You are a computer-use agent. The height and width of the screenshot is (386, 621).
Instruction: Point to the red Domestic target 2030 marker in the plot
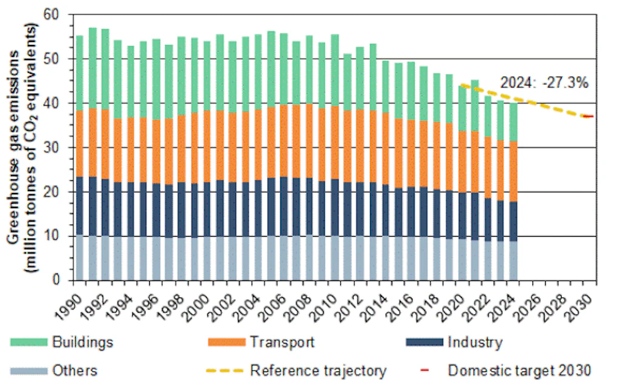tap(588, 116)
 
